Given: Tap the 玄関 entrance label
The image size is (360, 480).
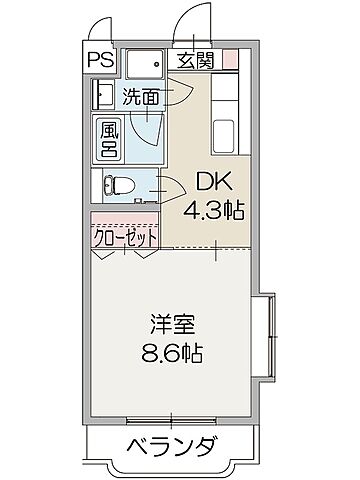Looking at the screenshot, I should click(x=196, y=60).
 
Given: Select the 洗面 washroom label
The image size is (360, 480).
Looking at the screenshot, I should click(x=142, y=97).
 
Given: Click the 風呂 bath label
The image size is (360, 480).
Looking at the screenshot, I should click(x=107, y=140).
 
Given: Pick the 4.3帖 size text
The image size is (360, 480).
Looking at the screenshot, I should click(x=214, y=211).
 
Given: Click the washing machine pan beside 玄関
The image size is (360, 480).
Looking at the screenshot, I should click(x=146, y=64).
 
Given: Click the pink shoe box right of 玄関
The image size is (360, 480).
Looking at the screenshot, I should click(x=230, y=60).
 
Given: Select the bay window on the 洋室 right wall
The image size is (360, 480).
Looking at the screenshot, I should click(x=266, y=337).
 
